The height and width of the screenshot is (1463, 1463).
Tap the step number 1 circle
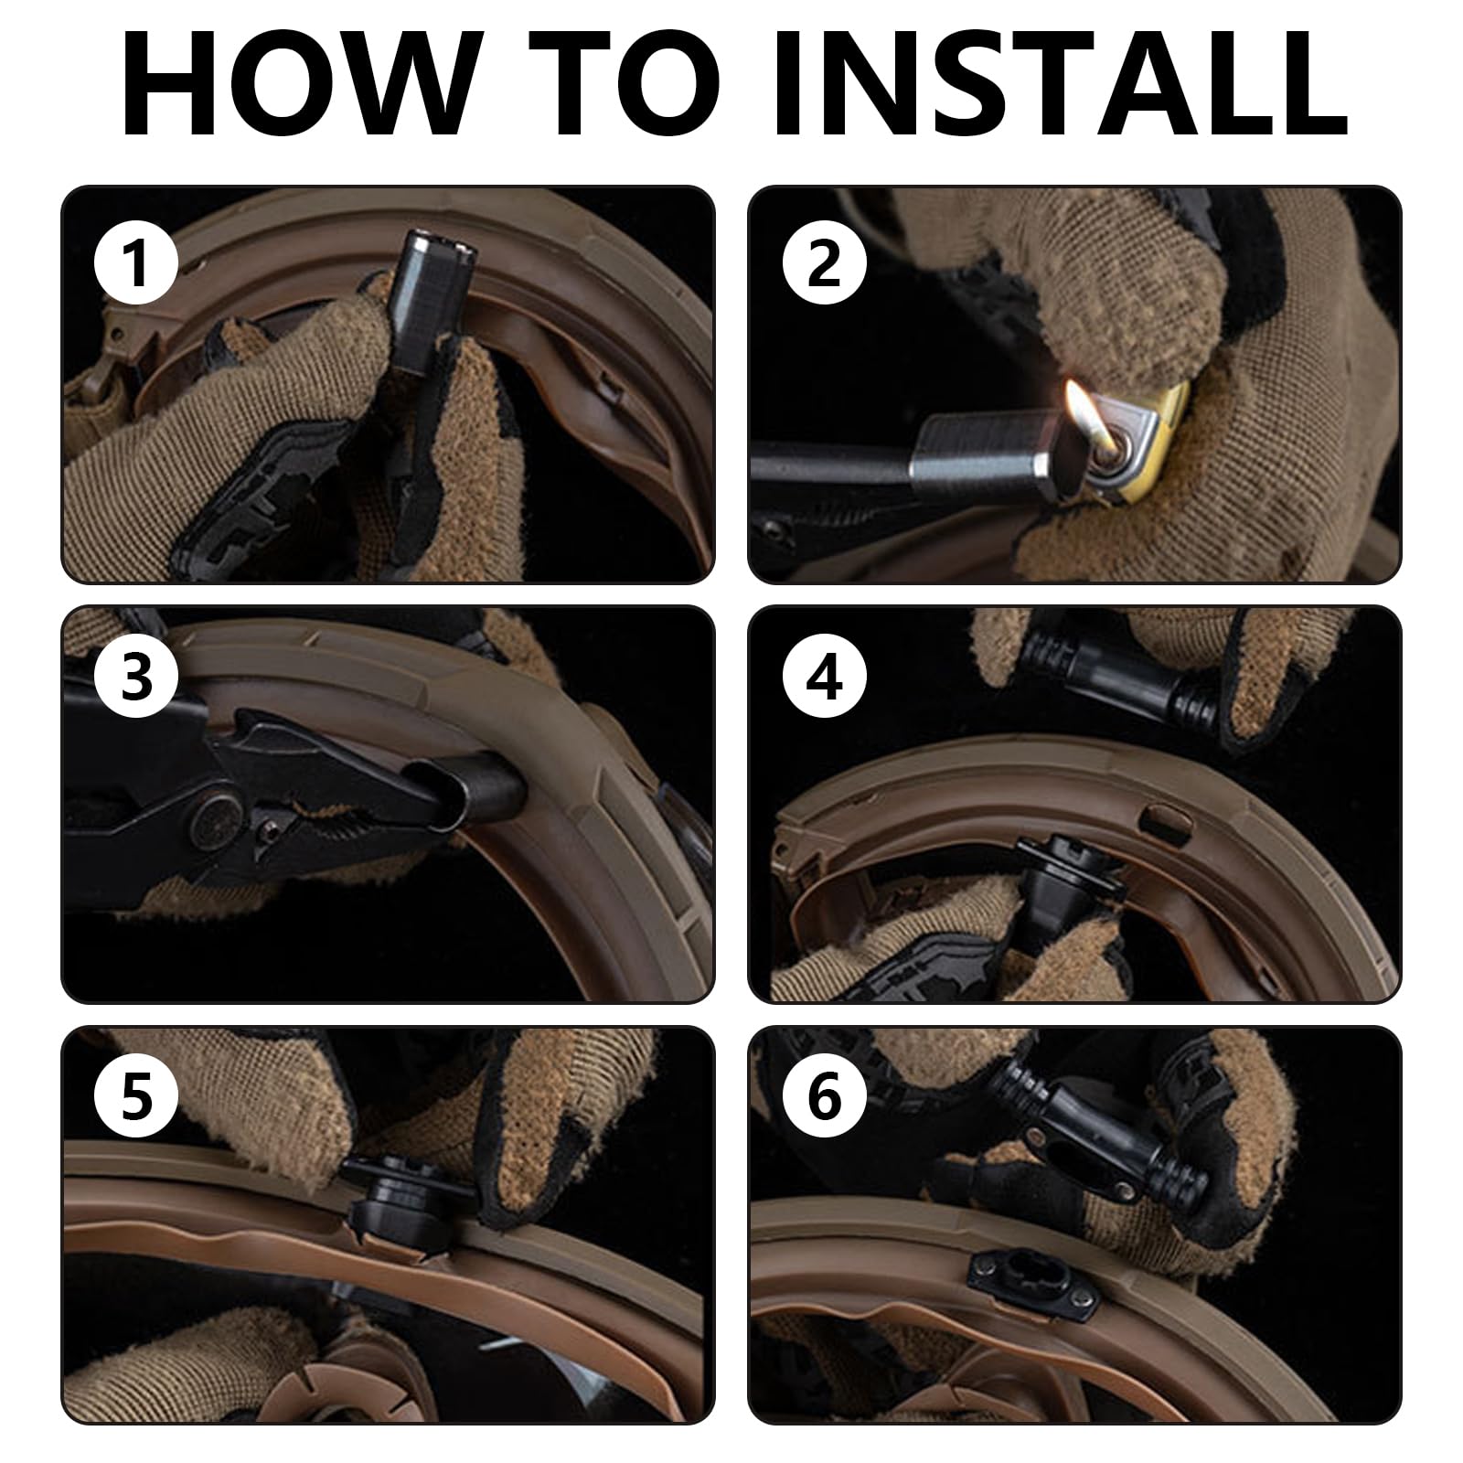[x=137, y=263]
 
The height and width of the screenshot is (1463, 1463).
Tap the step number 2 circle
[x=825, y=263]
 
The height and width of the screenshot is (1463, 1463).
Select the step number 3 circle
[x=137, y=681]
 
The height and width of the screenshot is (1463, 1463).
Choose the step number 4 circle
[x=825, y=681]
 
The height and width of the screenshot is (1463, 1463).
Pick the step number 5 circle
[x=137, y=1098]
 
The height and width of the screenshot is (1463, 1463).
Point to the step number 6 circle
[x=825, y=1098]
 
